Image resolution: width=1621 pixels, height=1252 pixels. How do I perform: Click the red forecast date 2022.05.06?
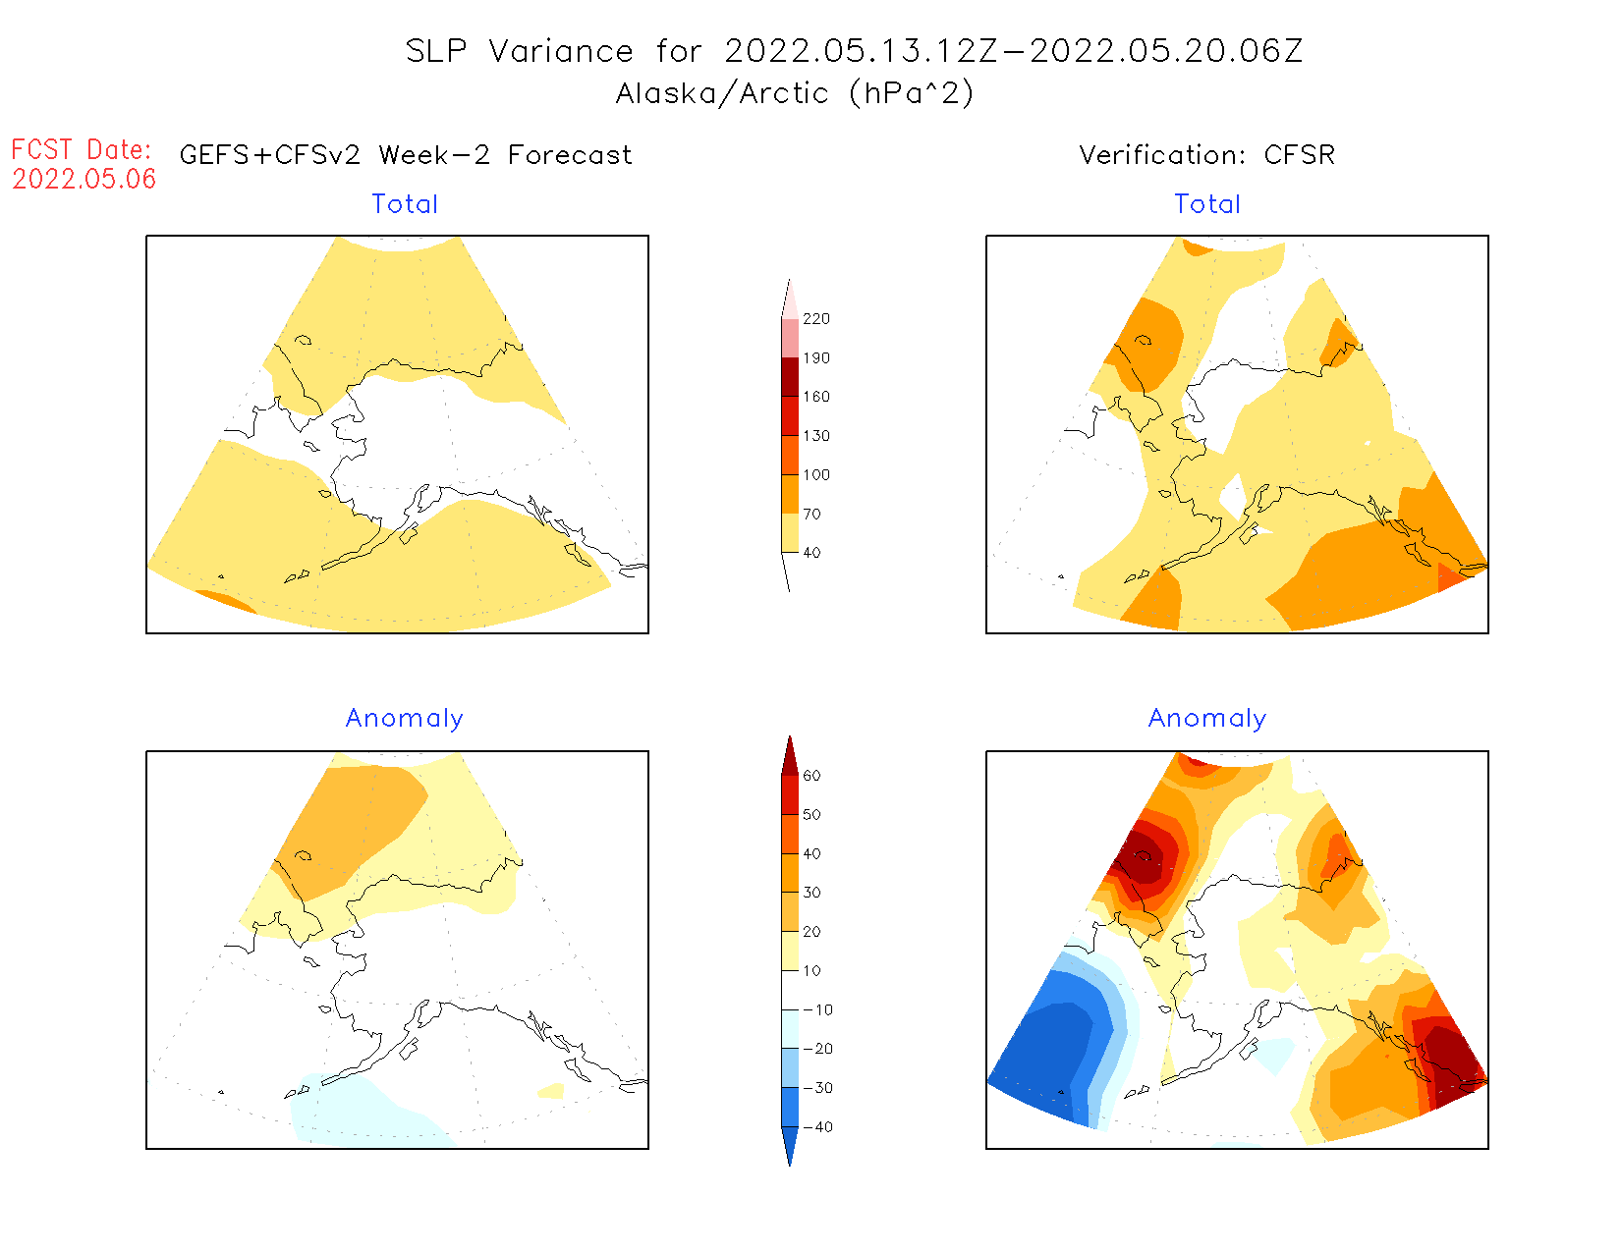click(84, 179)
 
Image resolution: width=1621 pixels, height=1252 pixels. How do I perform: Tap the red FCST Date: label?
click(82, 149)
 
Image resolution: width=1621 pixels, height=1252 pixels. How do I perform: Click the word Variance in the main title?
click(561, 51)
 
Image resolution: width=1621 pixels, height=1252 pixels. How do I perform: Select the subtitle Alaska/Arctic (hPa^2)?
click(795, 93)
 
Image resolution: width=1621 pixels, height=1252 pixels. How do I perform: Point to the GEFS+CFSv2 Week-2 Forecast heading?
click(406, 155)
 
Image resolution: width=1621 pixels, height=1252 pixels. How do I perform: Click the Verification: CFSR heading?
click(1206, 155)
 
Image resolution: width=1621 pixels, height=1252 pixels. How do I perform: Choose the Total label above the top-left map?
click(405, 204)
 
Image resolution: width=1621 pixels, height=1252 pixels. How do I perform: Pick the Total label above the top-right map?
click(1207, 204)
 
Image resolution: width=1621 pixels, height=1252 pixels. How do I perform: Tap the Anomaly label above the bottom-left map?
click(404, 719)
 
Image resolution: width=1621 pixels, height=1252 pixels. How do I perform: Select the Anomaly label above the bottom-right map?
click(1207, 719)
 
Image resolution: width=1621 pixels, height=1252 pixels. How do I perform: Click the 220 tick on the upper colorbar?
click(815, 319)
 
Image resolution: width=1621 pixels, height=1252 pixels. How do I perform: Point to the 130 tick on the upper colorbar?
click(815, 436)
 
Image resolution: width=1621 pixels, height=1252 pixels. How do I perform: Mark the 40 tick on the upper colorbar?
click(811, 553)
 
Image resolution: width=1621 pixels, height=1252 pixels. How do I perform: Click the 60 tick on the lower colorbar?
click(811, 776)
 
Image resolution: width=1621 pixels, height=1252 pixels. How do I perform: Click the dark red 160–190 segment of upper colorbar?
click(790, 377)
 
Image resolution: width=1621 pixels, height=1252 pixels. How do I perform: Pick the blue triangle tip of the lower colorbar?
click(790, 1149)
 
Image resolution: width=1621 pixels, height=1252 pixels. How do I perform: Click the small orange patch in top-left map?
click(225, 601)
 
